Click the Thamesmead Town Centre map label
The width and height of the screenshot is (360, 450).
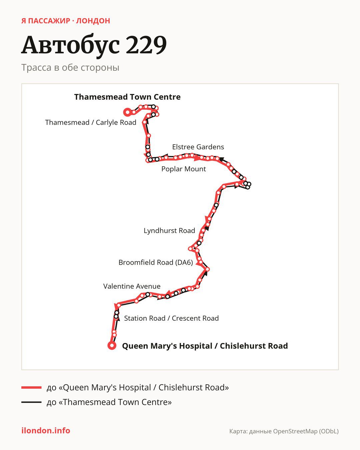pyautogui.click(x=127, y=97)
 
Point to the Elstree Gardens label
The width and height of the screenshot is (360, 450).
pyautogui.click(x=198, y=147)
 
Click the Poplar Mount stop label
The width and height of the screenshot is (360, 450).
pyautogui.click(x=183, y=169)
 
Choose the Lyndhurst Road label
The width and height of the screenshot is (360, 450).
pyautogui.click(x=169, y=231)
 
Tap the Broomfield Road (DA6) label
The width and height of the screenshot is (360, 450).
pyautogui.click(x=156, y=262)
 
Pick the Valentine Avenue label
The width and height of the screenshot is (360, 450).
pyautogui.click(x=132, y=286)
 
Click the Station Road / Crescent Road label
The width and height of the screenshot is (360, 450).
pyautogui.click(x=171, y=318)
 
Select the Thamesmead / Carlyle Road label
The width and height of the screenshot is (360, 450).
pyautogui.click(x=91, y=123)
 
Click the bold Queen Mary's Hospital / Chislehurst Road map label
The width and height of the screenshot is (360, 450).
pyautogui.click(x=205, y=346)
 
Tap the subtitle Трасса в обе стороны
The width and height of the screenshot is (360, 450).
pyautogui.click(x=70, y=68)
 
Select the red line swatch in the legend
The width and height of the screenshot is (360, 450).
pyautogui.click(x=31, y=387)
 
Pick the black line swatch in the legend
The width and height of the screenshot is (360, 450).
pyautogui.click(x=31, y=402)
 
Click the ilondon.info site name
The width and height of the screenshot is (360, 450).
pyautogui.click(x=46, y=431)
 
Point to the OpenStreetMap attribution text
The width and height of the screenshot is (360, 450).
pyautogui.click(x=284, y=431)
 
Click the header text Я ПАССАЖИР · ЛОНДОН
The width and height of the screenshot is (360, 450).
pyautogui.click(x=66, y=21)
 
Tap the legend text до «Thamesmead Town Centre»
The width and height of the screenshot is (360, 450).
pyautogui.click(x=109, y=402)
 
